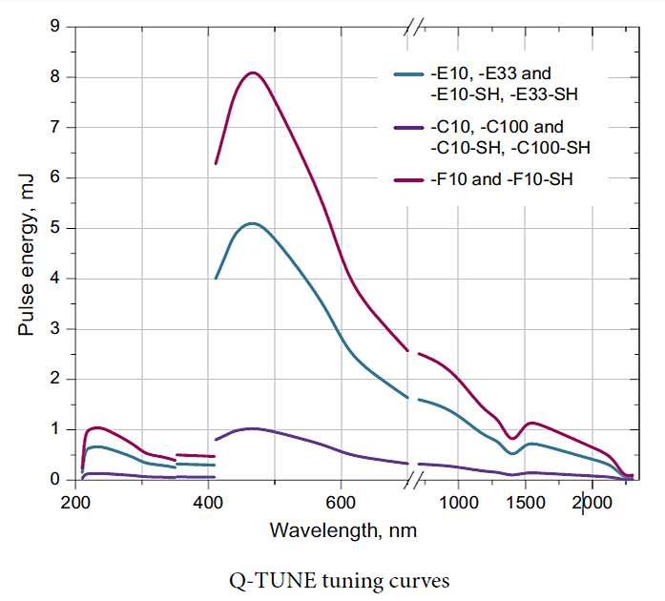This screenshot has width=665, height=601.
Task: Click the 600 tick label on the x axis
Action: coord(341,503)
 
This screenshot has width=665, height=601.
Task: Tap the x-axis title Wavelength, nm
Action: coord(343,528)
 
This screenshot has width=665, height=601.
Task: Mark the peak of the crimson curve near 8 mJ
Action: coord(253,73)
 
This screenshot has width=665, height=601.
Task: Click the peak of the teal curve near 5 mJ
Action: coord(252,223)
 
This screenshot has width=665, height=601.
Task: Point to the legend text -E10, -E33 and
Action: coord(490,73)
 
